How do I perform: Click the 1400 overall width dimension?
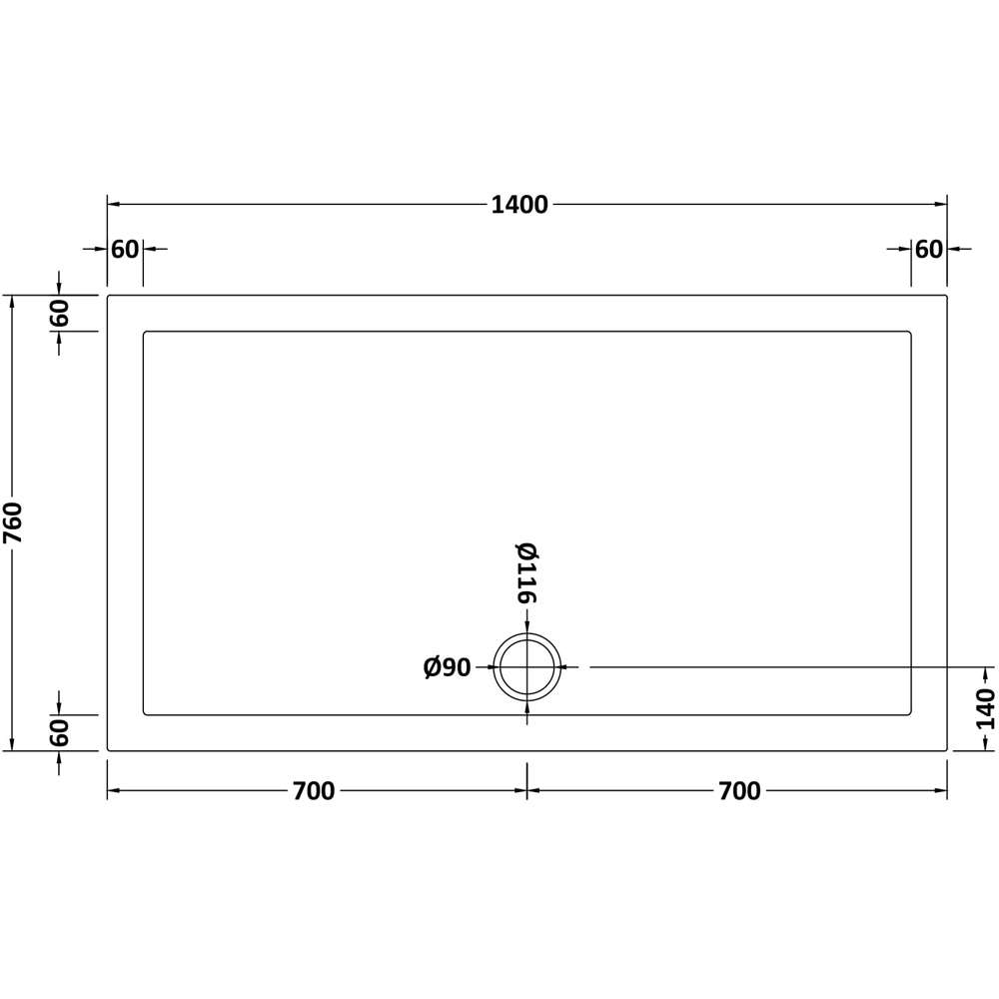tap(519, 205)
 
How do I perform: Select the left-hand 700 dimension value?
tap(314, 791)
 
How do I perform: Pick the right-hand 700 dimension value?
tap(739, 791)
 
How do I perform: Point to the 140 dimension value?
tap(986, 708)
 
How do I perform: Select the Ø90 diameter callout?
tap(447, 667)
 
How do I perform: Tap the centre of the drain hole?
tap(527, 666)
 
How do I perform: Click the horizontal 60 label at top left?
tap(125, 249)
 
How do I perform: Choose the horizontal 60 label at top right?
tap(929, 249)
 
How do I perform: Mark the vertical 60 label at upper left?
tap(60, 313)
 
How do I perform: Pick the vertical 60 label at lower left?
tap(60, 732)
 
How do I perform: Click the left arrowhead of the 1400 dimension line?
tap(113, 204)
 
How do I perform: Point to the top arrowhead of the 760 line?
tap(12, 301)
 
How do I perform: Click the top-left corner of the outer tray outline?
tap(108, 296)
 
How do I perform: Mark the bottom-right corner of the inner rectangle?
tap(911, 714)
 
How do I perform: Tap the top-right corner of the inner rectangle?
tap(911, 332)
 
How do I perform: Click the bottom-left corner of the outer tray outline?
tap(108, 750)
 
